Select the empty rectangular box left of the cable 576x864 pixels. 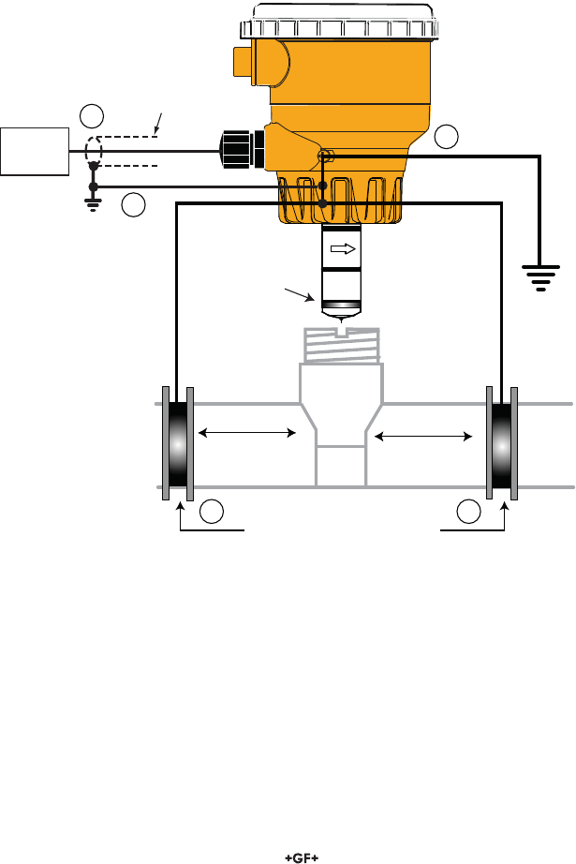coord(35,152)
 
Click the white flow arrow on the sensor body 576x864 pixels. coord(343,249)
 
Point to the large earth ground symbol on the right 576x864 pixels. coord(540,277)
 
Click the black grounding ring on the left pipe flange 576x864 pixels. coord(178,444)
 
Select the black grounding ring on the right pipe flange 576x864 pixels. coord(502,444)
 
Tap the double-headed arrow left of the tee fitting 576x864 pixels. coord(246,433)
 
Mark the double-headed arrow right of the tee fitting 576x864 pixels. coord(423,437)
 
